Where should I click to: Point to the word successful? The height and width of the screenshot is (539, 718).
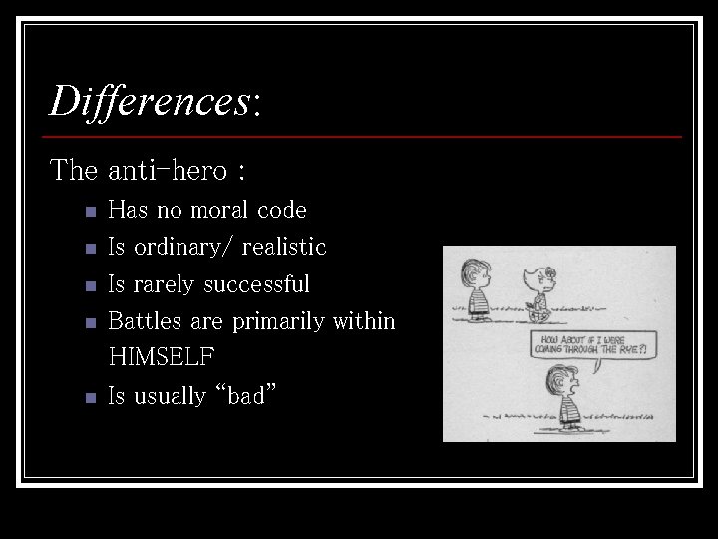(256, 284)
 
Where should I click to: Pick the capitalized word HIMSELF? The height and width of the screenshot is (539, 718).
(161, 356)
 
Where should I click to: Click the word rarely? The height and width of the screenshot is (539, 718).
(162, 284)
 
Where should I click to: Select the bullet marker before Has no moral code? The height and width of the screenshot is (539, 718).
(90, 212)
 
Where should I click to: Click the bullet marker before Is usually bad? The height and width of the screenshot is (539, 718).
(90, 397)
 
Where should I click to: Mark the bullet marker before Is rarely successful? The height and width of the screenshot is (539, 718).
(90, 286)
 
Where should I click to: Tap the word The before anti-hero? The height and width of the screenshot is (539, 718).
(74, 171)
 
